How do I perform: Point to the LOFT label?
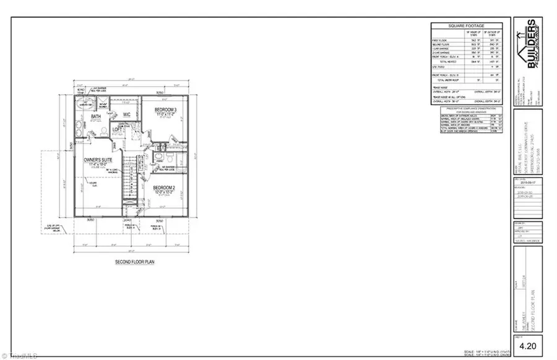pyautogui.click(x=118, y=130)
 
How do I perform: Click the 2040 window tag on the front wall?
pyautogui.click(x=127, y=220)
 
